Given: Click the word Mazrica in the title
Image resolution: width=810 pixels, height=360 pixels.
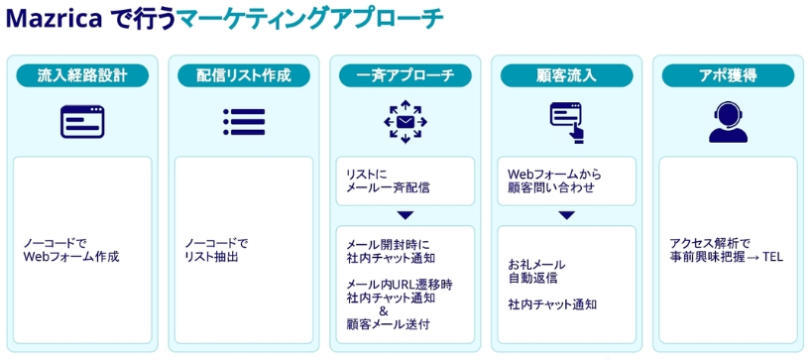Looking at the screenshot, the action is pos(53,20).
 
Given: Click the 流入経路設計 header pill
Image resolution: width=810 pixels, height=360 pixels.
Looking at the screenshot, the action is pos(82,76).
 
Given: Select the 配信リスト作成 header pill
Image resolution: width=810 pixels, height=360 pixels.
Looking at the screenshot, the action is pos(244,76).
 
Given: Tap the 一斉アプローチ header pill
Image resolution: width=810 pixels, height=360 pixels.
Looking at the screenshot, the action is pos(405,76).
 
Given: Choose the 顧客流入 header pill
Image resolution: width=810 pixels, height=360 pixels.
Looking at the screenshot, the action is pos(567,76).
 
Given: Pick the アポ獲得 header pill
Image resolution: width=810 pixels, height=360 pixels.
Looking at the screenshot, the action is pos(728,76).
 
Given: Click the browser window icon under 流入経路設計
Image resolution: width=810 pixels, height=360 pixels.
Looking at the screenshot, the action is pos(82,122).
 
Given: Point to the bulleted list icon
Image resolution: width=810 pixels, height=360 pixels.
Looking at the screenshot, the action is pos(244,122).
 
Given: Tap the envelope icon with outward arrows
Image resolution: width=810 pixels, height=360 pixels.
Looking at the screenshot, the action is pos(405,122).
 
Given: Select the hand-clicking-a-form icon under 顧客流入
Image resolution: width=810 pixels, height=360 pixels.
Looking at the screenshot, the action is pos(567,122).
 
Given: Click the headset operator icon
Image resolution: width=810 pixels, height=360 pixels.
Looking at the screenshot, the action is pos(728,122).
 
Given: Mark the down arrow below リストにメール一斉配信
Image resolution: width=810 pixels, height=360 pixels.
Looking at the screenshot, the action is pos(405,215).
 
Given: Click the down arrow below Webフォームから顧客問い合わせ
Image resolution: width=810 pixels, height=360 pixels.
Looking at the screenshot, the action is pos(567,215).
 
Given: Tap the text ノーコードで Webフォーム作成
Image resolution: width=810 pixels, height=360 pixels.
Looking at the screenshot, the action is pos(71,250).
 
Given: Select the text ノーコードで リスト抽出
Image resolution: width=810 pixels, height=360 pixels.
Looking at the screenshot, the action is pos(216,250).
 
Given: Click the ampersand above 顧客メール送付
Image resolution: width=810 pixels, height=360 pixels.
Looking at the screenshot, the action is pos(384,311).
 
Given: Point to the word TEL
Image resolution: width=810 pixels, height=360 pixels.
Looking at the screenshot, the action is pos(772,257).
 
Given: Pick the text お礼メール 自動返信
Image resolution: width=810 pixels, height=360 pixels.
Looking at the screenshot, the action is pos(536,271).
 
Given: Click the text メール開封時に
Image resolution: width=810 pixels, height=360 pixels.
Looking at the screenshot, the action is pos(388,244).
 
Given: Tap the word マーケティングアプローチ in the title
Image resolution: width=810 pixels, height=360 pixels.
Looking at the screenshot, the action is pos(310,20).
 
